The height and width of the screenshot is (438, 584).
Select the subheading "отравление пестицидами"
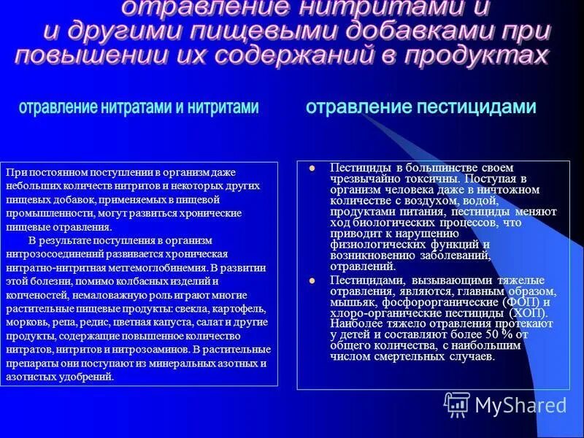pos(420,107)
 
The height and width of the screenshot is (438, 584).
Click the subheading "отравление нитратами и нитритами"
pos(139,108)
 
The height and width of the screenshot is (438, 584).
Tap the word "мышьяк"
pos(350,302)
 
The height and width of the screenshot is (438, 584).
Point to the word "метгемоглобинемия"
pos(190,267)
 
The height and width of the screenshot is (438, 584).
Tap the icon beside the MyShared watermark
pos(457,404)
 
